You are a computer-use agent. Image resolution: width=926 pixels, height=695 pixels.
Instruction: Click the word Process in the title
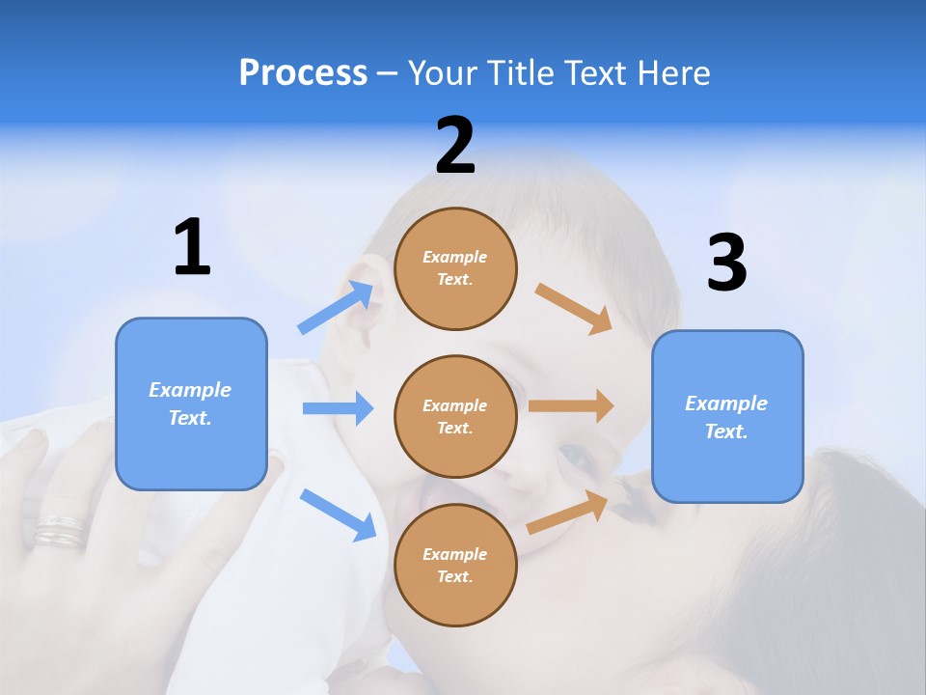point(303,73)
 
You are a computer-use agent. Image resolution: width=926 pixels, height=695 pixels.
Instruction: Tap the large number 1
point(192,248)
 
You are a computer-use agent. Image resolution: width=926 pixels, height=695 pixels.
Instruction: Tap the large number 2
point(455,146)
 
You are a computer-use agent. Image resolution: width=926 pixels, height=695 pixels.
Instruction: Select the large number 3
point(726,263)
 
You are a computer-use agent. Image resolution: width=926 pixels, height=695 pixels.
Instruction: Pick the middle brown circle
point(455,416)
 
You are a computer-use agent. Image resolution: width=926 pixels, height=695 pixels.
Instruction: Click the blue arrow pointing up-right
point(336,308)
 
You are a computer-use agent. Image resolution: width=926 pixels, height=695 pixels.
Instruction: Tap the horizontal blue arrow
point(338,408)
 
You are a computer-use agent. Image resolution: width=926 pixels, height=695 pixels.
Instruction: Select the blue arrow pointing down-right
point(338,514)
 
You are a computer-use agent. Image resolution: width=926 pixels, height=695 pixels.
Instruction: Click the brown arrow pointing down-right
point(574,308)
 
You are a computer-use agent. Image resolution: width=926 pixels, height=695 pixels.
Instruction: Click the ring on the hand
point(60,530)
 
